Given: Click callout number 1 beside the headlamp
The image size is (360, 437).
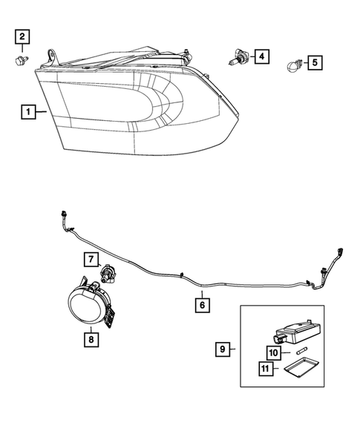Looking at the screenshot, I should coord(27,113).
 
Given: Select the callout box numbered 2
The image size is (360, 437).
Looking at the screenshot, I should coord(22,36).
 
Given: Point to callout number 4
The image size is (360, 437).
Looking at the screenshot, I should coord(261,56).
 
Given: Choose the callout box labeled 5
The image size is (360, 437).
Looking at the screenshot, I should coord(315,62).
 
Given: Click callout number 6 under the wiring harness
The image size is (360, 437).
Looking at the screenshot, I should coord(201,303).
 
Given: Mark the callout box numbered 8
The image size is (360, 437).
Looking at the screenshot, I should coord(91,340).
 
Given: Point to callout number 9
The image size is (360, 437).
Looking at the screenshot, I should coord(223,347).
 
